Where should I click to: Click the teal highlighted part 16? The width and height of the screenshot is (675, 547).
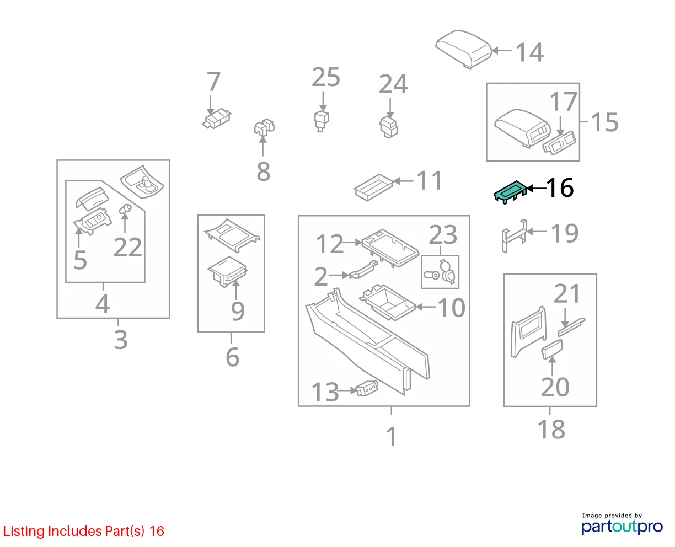(509, 192)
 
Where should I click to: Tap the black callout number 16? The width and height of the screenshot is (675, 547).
(560, 188)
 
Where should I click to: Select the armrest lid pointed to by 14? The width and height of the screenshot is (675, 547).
(463, 49)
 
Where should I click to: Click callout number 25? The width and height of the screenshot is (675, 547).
(326, 77)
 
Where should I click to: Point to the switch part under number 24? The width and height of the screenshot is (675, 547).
(389, 127)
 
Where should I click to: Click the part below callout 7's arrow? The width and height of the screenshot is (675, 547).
(217, 119)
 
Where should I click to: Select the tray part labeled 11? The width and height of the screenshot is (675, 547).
(373, 187)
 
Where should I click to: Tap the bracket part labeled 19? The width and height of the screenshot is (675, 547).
(515, 236)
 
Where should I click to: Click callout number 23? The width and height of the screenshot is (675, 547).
(443, 235)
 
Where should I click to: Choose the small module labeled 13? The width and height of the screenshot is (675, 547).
(367, 388)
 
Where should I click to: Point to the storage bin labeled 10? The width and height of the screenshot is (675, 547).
(387, 303)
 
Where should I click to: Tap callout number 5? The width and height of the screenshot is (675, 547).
(80, 260)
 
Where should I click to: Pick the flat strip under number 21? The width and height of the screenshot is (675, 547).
(571, 327)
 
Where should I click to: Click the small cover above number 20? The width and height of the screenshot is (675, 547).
(552, 349)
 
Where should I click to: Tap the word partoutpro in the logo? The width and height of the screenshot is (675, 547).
(622, 527)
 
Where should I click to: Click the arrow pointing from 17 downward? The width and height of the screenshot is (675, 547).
(560, 126)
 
